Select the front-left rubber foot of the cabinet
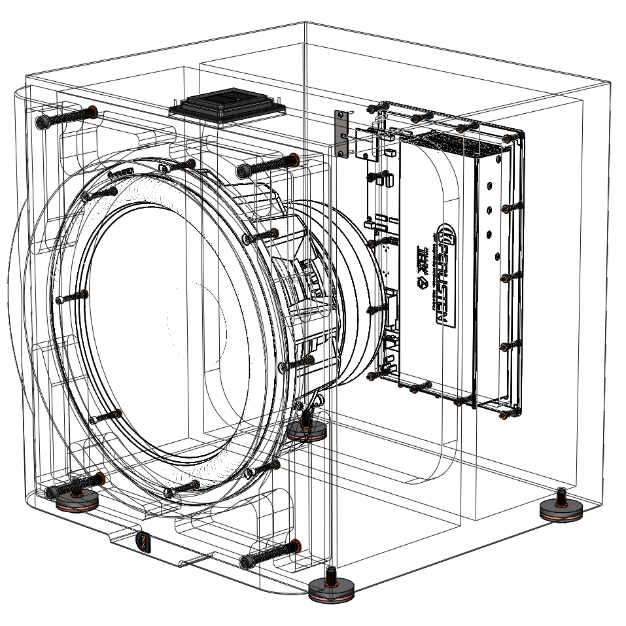(x=77, y=500)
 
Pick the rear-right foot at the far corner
(x=561, y=509)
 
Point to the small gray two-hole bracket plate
(x=340, y=133)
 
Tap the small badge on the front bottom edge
(x=143, y=542)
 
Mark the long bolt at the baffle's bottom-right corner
(x=268, y=553)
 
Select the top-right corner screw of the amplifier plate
(x=508, y=139)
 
